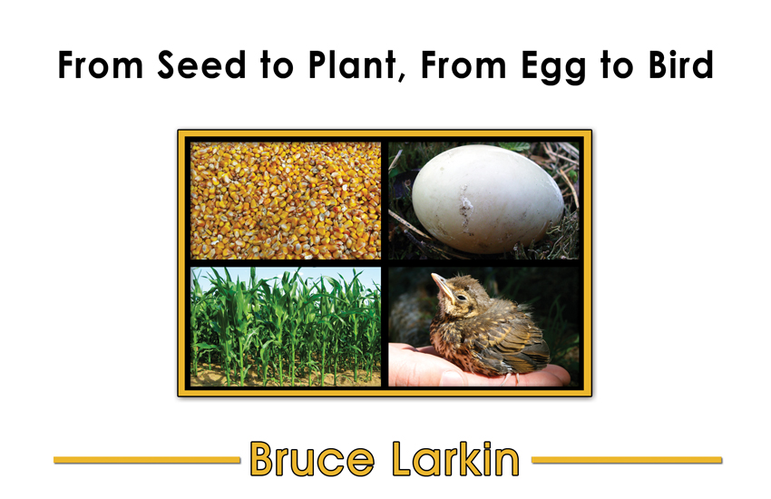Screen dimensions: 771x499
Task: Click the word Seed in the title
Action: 201,65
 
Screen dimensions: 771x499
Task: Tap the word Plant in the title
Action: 351,65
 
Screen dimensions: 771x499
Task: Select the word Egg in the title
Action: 553,67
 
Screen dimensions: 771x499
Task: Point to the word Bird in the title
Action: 680,64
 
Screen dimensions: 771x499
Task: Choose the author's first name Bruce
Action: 312,459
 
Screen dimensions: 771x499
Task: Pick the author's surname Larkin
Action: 455,459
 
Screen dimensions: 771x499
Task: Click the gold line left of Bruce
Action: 147,460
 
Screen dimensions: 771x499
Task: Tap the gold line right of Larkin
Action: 627,460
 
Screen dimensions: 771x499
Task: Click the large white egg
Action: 487,199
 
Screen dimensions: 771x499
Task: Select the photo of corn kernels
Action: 286,201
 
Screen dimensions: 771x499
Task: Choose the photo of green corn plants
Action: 286,327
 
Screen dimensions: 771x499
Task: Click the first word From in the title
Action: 101,65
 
